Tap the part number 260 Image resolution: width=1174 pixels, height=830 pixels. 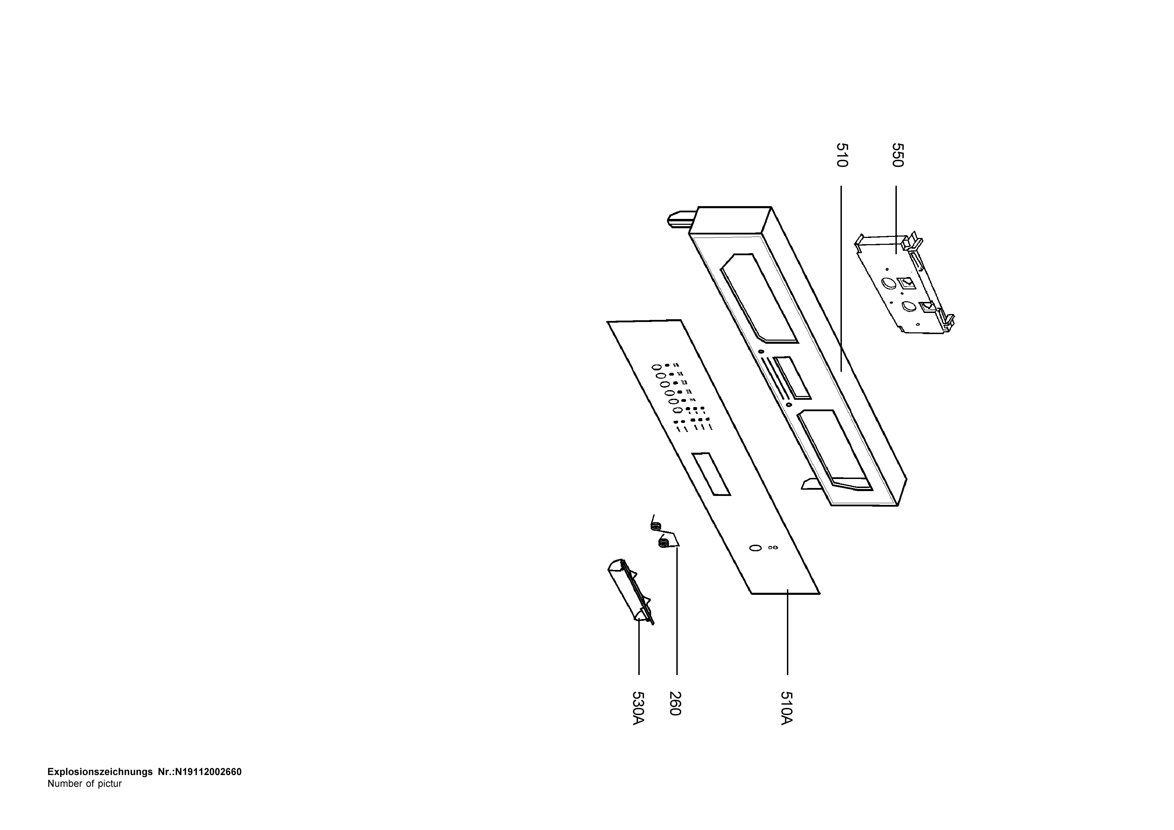[x=675, y=704]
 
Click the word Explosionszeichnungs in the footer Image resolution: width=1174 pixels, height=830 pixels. [x=100, y=772]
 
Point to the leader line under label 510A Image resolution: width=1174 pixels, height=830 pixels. [x=787, y=632]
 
